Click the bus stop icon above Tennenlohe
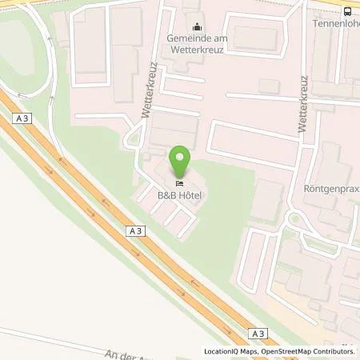348,10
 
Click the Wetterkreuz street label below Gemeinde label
148,90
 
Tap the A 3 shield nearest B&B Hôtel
134,231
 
